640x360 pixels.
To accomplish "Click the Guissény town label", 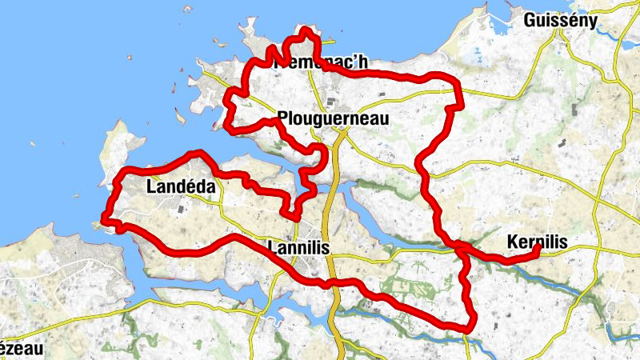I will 560,20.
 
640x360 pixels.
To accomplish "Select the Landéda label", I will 181,186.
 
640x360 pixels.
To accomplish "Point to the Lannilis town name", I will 300,248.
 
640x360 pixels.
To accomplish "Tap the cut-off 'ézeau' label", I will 16,349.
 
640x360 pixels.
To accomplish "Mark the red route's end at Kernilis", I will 537,250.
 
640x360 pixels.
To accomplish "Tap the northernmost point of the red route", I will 306,30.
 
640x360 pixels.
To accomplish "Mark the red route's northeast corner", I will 459,104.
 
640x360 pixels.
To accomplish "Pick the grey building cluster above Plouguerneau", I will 330,101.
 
